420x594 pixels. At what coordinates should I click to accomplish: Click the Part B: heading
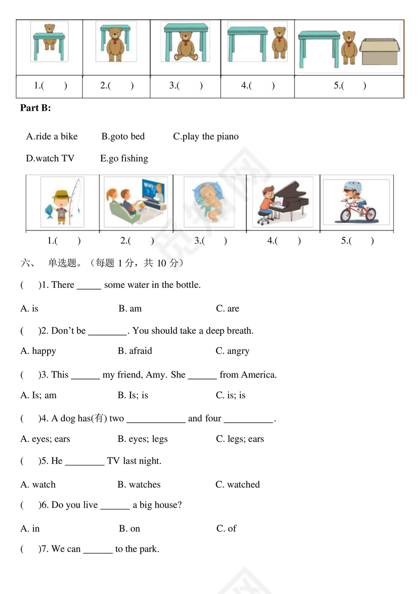pyautogui.click(x=35, y=108)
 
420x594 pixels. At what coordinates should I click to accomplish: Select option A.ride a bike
pyautogui.click(x=52, y=137)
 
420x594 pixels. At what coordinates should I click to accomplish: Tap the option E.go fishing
pyautogui.click(x=124, y=159)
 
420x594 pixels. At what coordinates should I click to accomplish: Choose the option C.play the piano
pyautogui.click(x=205, y=137)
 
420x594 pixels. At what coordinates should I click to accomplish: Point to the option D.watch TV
pyautogui.click(x=50, y=159)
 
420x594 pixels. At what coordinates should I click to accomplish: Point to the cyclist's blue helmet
pyautogui.click(x=352, y=187)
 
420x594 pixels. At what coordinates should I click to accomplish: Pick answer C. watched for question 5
pyautogui.click(x=237, y=485)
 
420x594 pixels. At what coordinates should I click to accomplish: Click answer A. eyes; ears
pyautogui.click(x=45, y=439)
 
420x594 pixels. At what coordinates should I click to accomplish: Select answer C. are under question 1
pyautogui.click(x=227, y=309)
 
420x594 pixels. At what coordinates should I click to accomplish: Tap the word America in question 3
pyautogui.click(x=258, y=375)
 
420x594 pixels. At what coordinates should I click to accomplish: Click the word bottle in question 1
pyautogui.click(x=187, y=285)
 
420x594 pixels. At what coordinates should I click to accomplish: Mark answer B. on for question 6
pyautogui.click(x=130, y=529)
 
